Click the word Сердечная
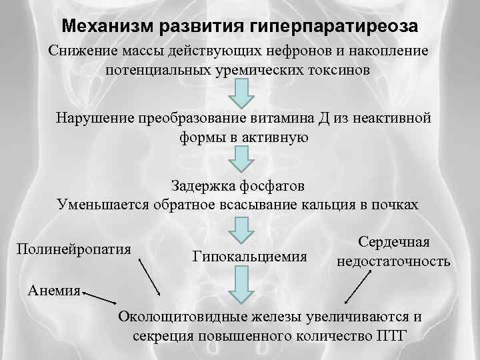pos(394,243)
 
